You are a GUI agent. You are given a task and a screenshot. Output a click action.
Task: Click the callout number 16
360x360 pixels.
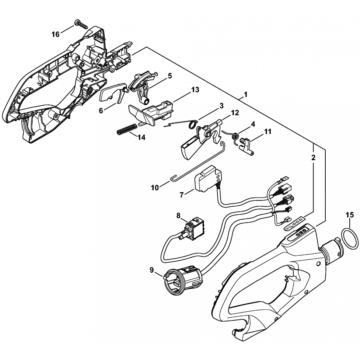[x=55, y=34]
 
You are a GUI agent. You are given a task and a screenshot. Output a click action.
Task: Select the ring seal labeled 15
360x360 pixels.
[x=348, y=239]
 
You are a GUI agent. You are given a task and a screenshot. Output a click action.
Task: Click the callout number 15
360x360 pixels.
[x=350, y=214]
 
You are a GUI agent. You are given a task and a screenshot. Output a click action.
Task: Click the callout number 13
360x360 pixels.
[x=195, y=90]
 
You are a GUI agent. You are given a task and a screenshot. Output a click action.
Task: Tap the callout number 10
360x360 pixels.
[x=155, y=188]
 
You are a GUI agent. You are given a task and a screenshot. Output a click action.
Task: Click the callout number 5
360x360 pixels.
[x=169, y=76]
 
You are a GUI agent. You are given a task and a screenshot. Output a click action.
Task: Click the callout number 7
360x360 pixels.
[x=181, y=195]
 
